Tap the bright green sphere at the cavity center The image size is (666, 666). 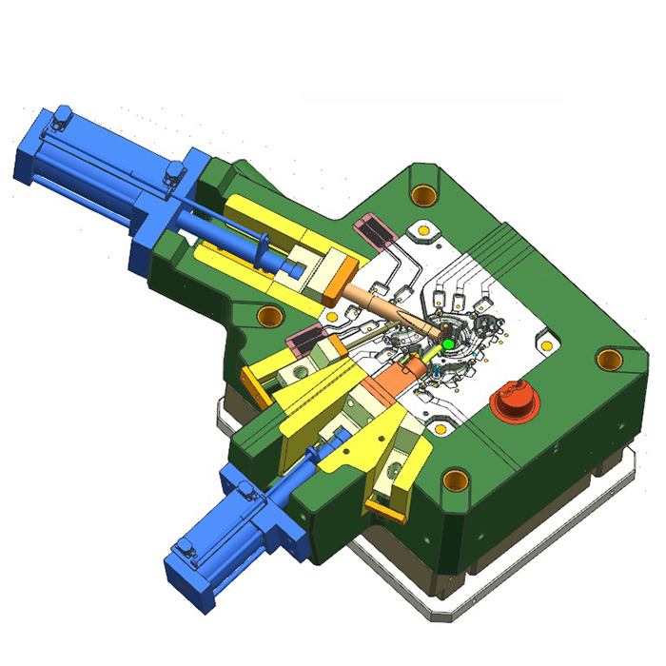click(x=446, y=343)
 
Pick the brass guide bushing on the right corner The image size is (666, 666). click(x=609, y=359)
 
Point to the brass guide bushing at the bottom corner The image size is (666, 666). click(x=457, y=478)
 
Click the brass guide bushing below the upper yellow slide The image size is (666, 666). click(x=270, y=314)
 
